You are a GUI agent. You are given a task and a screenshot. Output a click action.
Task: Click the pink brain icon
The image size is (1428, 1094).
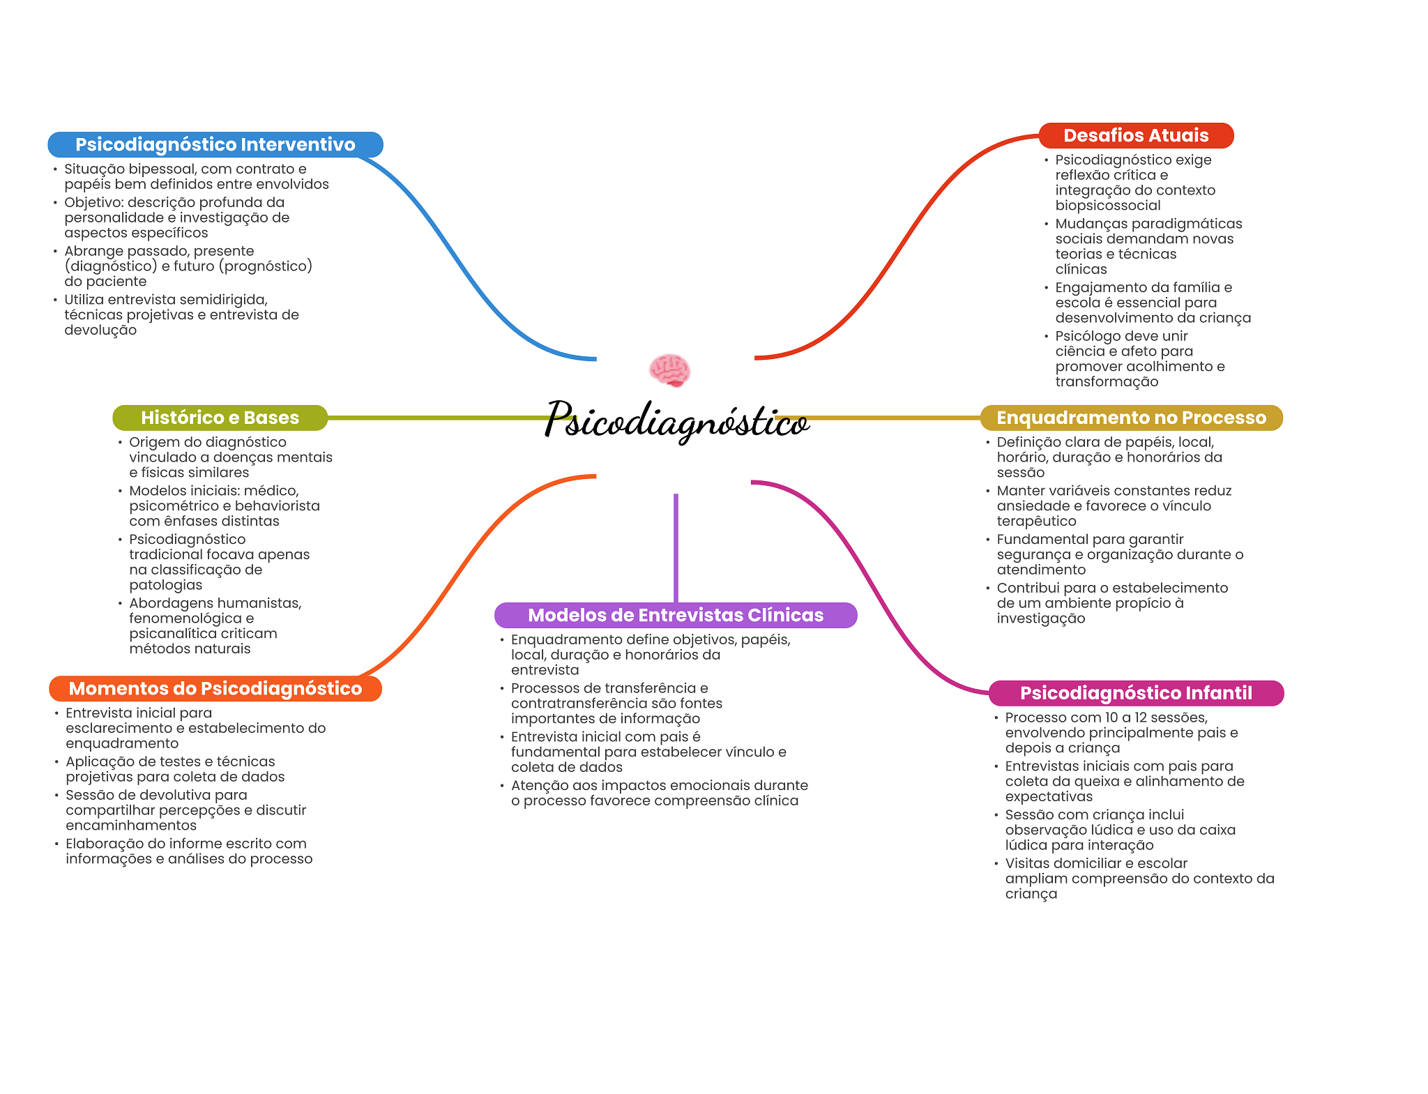tap(669, 370)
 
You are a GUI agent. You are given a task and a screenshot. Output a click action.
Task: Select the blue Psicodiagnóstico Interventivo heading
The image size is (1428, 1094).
tap(215, 144)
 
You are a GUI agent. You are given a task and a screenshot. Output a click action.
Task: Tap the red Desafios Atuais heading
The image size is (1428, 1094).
tap(1136, 135)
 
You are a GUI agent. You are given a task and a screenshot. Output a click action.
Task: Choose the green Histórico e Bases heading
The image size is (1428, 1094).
tap(220, 418)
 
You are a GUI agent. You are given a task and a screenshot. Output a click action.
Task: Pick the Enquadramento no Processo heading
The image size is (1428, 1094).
tap(1131, 418)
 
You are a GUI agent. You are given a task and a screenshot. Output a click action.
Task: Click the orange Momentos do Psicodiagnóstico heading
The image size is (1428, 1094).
tap(215, 688)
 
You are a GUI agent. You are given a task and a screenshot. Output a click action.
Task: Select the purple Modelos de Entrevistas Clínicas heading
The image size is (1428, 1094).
tap(675, 615)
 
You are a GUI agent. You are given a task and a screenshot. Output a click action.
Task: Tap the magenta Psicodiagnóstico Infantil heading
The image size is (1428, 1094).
tap(1136, 693)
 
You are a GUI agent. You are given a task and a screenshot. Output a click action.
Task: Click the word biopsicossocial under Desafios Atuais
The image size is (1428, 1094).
tap(1107, 206)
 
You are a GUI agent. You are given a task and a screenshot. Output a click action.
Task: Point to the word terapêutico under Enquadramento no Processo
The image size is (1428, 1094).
tap(1036, 522)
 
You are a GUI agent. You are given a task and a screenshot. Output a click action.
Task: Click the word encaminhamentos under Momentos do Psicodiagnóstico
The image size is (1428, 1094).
tap(131, 826)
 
